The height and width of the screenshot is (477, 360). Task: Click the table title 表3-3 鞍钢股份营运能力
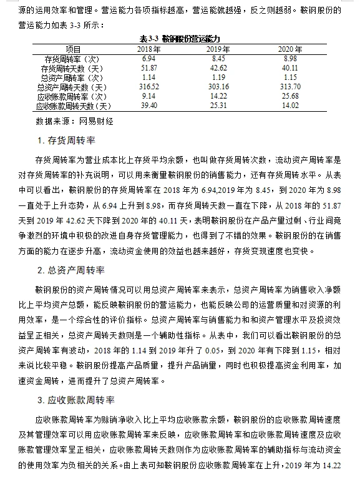coord(180,39)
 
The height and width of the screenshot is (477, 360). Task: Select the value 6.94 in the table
coord(148,58)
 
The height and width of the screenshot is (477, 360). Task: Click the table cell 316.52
coord(148,87)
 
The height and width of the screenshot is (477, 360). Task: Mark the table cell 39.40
coord(148,106)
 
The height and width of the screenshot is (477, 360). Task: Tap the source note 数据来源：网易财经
coord(74,120)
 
